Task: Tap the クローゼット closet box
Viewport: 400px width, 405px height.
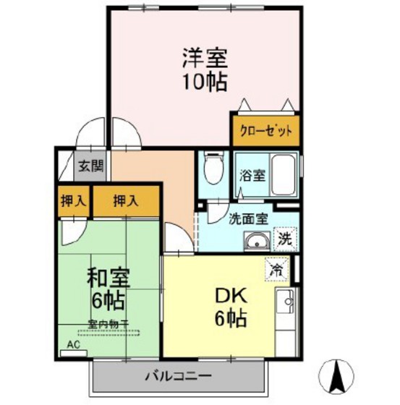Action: coord(265,130)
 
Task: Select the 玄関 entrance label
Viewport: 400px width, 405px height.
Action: coord(90,165)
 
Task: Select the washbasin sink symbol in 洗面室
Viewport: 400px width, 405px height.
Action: coord(255,242)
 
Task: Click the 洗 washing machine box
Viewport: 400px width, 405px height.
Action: coord(286,239)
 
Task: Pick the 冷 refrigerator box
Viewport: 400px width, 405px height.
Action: coord(277,268)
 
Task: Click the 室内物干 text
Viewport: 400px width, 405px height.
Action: coord(108,325)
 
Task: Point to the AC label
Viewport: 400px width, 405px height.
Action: coord(75,345)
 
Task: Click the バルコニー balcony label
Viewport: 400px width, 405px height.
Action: coord(177,377)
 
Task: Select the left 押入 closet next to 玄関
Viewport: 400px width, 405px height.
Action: coord(74,200)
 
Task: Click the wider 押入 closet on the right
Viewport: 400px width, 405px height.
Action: coord(125,200)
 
